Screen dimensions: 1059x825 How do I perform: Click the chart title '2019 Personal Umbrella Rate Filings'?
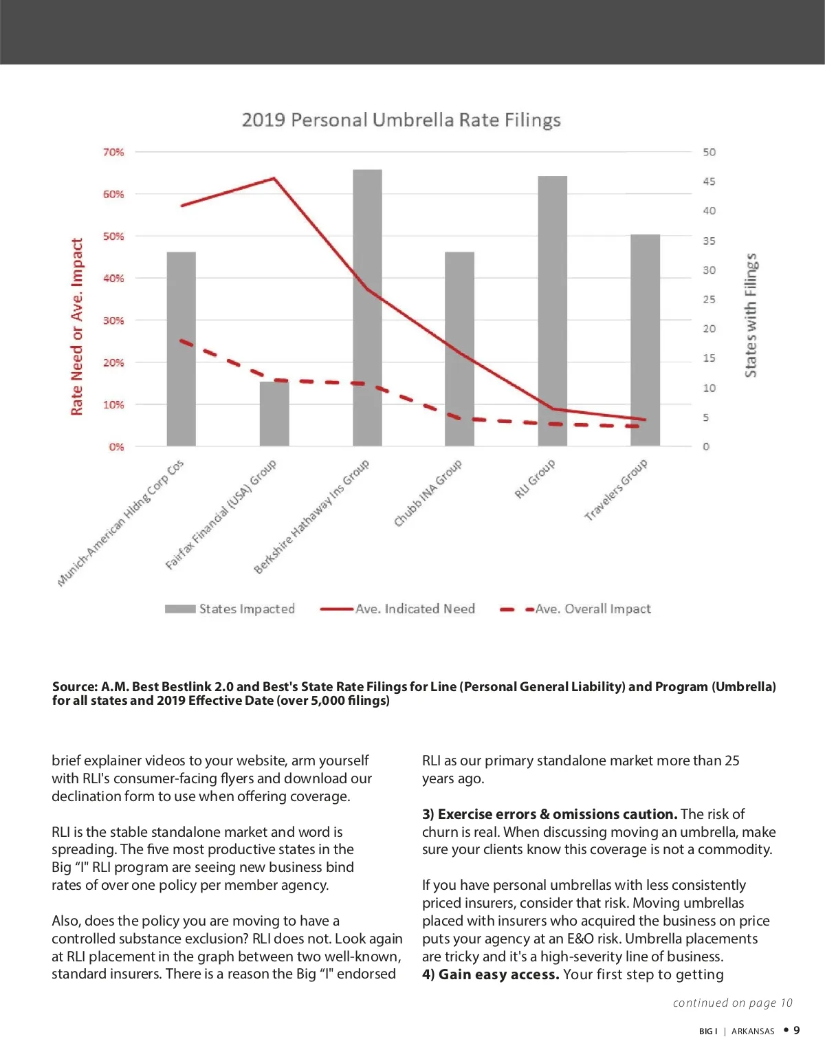(x=401, y=120)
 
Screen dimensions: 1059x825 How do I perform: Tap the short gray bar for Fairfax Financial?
(x=274, y=414)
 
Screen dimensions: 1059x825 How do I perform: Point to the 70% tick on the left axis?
(x=113, y=152)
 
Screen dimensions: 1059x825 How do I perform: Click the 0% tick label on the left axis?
(x=116, y=447)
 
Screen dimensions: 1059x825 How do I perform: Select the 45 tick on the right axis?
(x=709, y=182)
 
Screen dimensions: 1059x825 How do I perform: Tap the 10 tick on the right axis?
(x=709, y=388)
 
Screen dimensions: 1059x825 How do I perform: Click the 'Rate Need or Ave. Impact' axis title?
(x=77, y=327)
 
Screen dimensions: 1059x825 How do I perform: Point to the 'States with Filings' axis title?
(x=751, y=315)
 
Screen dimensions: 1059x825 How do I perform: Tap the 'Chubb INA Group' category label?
(x=428, y=493)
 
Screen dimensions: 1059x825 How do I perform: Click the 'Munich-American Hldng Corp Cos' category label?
(x=121, y=523)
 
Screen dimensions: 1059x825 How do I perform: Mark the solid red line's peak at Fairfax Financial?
(x=274, y=179)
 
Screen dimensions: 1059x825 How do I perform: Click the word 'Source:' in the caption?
(x=75, y=686)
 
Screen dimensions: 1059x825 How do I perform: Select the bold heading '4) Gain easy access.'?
(x=490, y=974)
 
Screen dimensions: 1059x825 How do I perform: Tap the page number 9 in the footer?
(x=797, y=1030)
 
